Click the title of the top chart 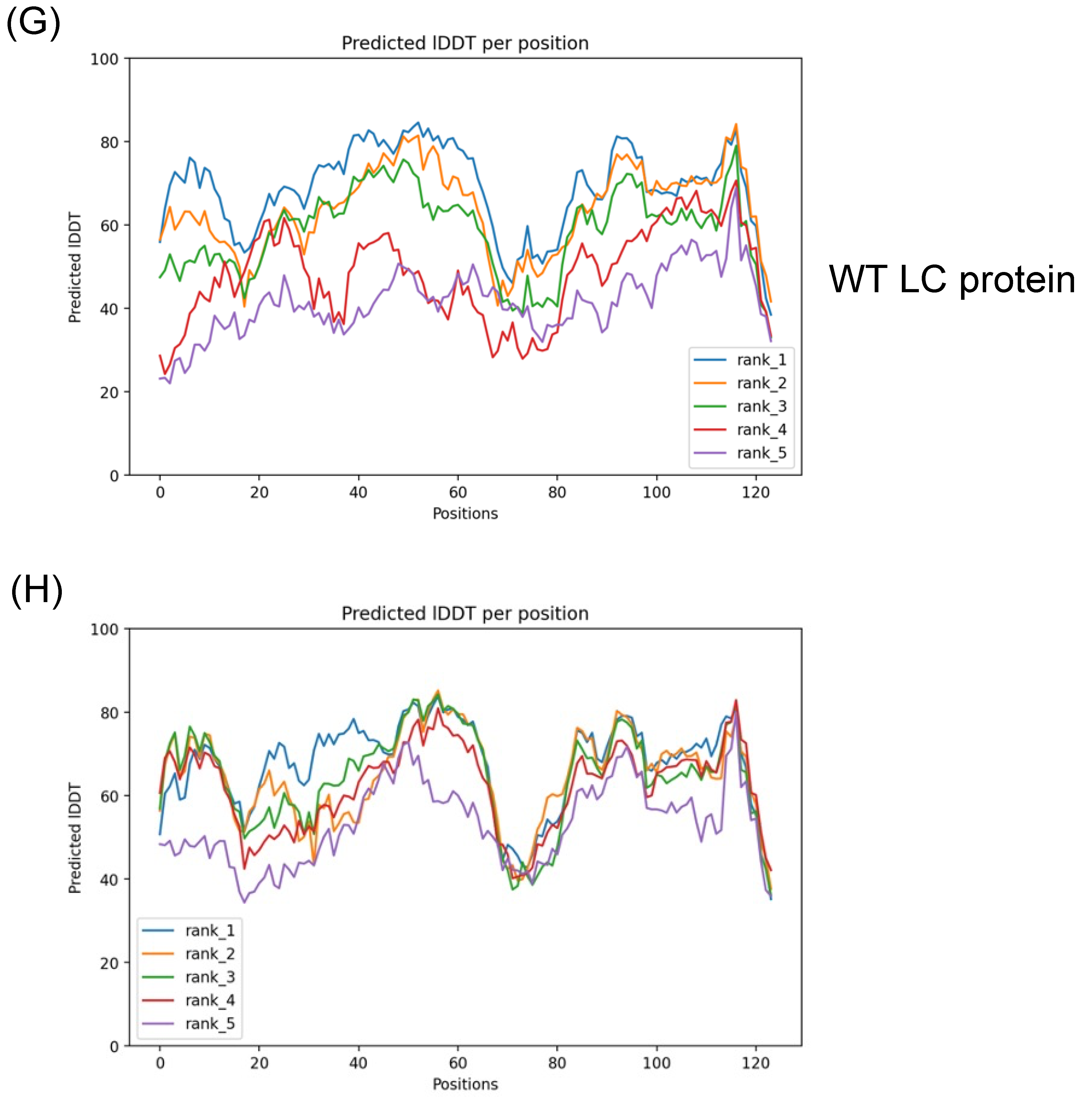464,43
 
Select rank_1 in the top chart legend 761,360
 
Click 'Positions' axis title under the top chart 464,514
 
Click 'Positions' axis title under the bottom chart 464,1084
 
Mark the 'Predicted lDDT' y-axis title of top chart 75,267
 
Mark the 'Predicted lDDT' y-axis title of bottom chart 75,838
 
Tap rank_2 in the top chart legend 761,383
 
